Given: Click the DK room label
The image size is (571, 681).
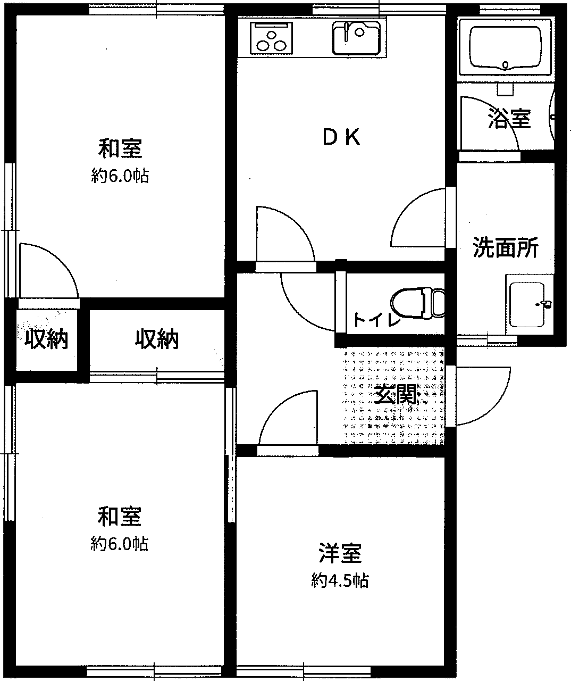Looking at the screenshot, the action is click(341, 137).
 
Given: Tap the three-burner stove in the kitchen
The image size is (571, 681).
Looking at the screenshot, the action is click(271, 38).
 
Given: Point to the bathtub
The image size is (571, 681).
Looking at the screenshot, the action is click(505, 48).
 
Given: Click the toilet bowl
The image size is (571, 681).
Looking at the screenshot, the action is click(418, 303).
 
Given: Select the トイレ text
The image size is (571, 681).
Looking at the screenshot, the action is click(377, 320).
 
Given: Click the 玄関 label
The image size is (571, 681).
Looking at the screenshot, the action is click(396, 394).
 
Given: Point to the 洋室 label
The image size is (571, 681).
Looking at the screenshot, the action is click(340, 553).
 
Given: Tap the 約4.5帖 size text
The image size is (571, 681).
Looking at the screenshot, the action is click(340, 580).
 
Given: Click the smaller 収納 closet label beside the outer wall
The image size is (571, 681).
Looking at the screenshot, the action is click(46, 339).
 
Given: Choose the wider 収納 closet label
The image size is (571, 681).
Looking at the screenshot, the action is click(157, 339).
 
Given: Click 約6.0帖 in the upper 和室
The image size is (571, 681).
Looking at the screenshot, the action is click(120, 176).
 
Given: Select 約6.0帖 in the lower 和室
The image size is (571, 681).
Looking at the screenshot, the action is click(119, 544).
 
